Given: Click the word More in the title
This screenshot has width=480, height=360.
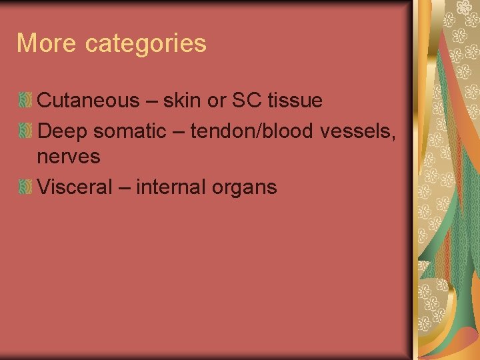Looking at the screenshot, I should pyautogui.click(x=47, y=44).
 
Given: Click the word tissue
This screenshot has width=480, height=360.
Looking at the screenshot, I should pyautogui.click(x=294, y=101).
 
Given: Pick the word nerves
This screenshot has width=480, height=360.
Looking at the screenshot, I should pyautogui.click(x=69, y=158).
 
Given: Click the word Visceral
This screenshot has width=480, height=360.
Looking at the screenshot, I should pyautogui.click(x=75, y=187).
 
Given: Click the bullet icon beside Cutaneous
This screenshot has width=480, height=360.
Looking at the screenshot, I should pyautogui.click(x=25, y=101).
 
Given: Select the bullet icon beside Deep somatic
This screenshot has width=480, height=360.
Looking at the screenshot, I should pyautogui.click(x=25, y=131).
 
